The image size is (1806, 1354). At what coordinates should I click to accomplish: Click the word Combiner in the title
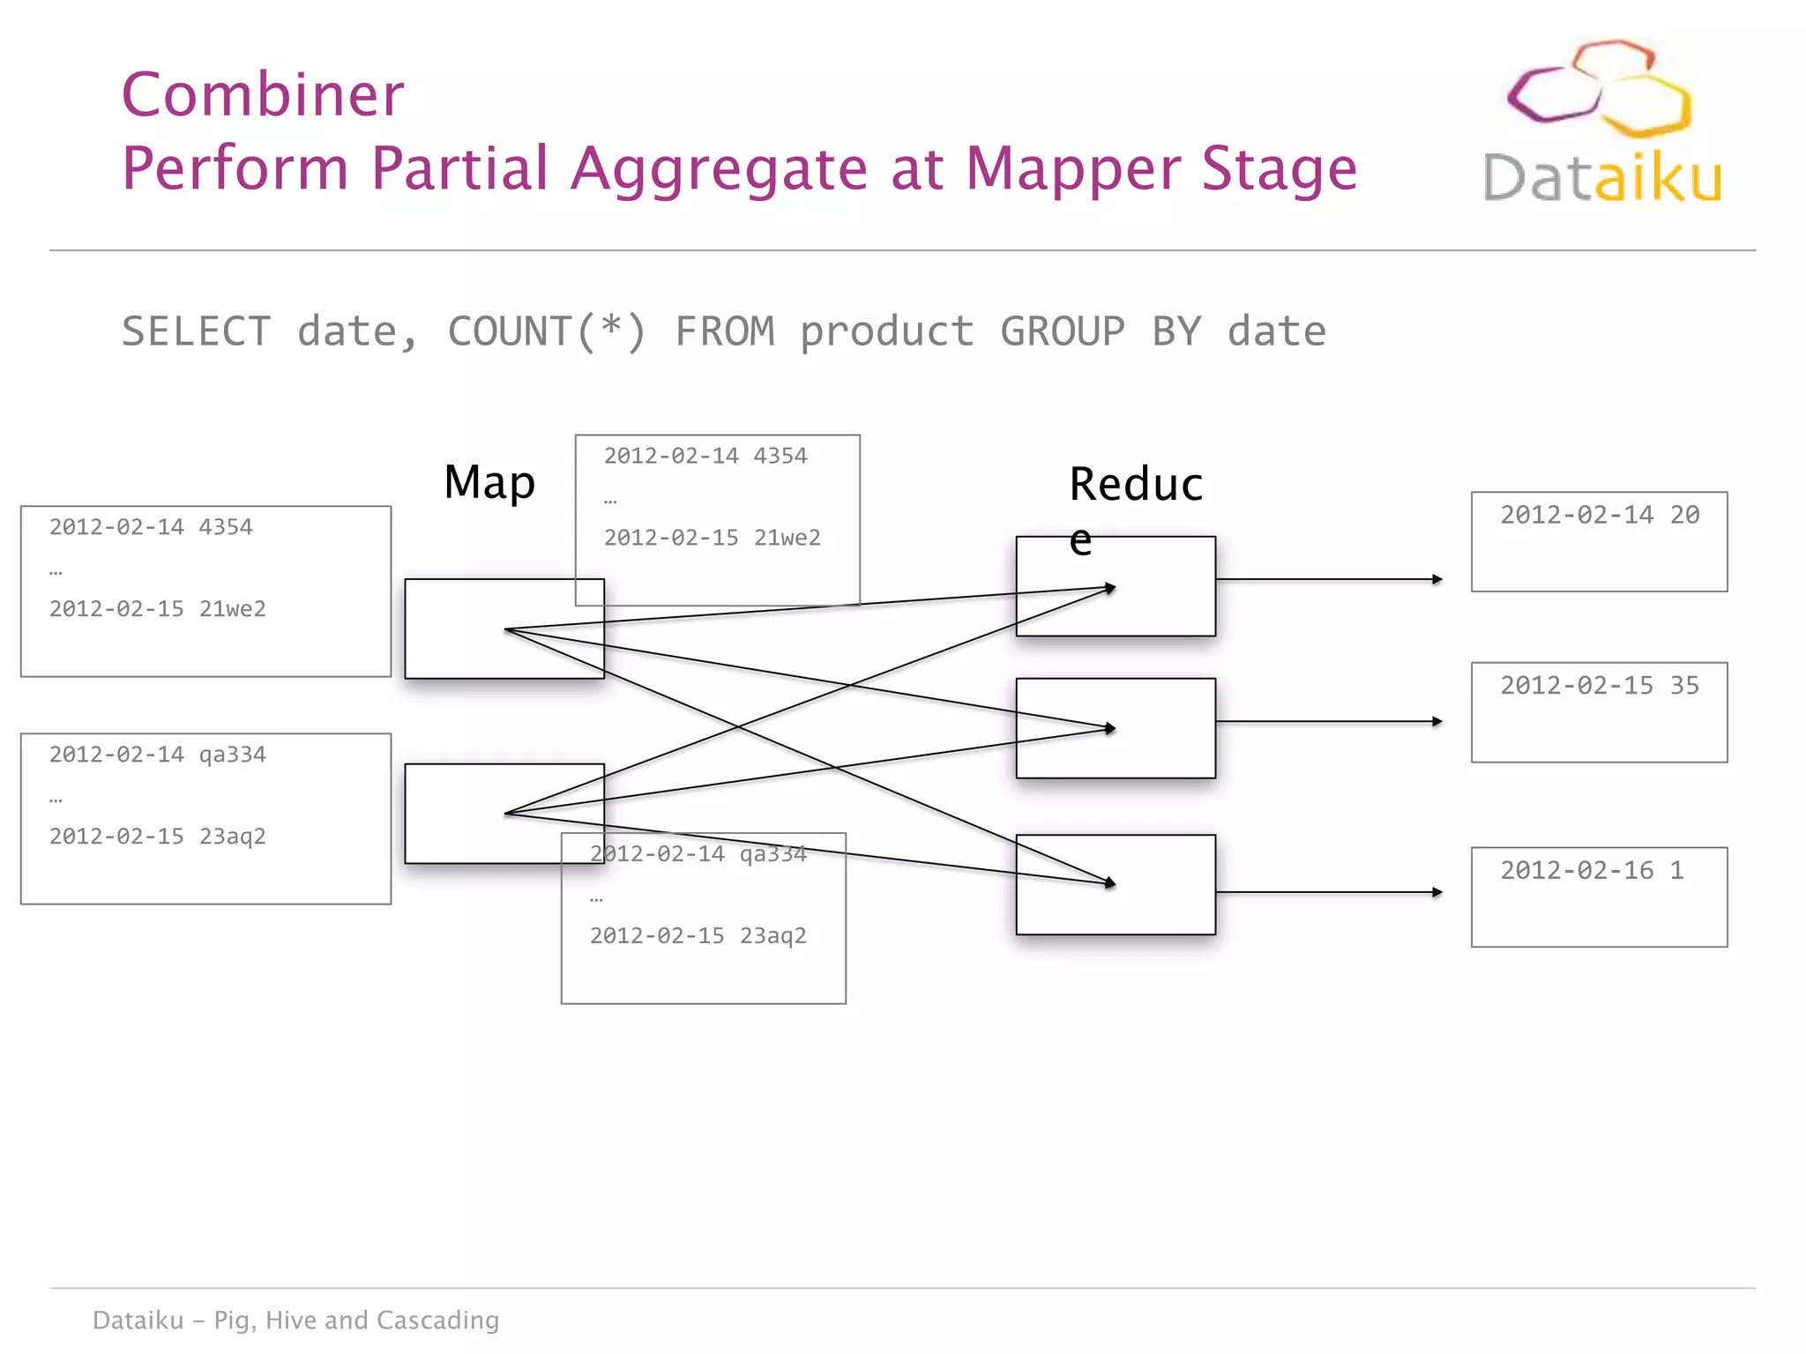[x=263, y=94]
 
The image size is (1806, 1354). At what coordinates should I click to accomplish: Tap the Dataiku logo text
[x=1601, y=177]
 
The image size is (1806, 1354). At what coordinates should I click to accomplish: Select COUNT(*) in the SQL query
[x=547, y=331]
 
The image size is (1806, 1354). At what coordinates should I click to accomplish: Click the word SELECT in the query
[x=196, y=331]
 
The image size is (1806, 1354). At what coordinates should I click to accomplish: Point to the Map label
[x=489, y=482]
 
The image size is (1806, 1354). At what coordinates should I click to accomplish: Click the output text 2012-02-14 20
[x=1600, y=515]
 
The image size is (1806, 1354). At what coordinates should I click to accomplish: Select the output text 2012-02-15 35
[x=1600, y=685]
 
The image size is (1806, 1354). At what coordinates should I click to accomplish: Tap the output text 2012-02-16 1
[x=1592, y=870]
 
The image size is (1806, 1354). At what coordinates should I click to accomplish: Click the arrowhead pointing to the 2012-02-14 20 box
[x=1437, y=579]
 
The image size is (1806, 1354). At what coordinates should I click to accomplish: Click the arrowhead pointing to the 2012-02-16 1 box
[x=1437, y=892]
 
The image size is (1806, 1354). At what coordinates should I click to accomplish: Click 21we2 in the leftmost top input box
[x=233, y=608]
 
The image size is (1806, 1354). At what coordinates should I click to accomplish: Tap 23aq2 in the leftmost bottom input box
[x=233, y=836]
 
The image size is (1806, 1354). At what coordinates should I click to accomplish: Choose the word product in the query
[x=886, y=331]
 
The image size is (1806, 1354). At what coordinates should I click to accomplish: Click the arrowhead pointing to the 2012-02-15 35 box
[x=1437, y=721]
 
